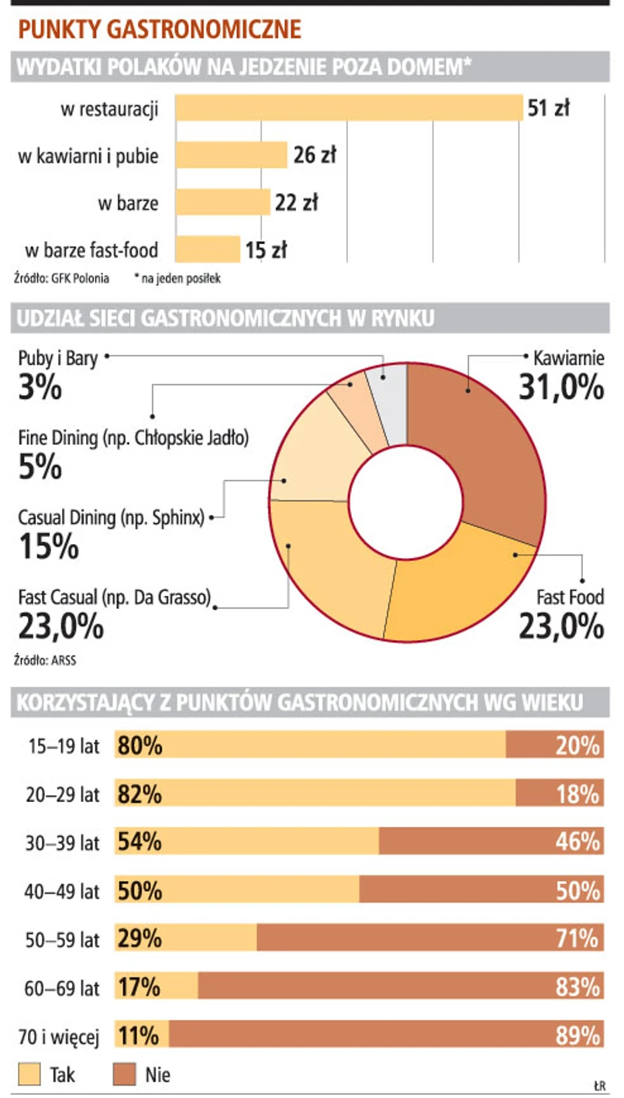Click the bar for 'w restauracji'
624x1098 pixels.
pyautogui.click(x=349, y=108)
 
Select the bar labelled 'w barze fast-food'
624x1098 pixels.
pyautogui.click(x=208, y=250)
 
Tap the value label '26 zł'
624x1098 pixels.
pyautogui.click(x=315, y=156)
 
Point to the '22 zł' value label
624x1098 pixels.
pyautogui.click(x=296, y=203)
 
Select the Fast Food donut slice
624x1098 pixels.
pyautogui.click(x=457, y=589)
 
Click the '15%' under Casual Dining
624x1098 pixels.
pyautogui.click(x=48, y=546)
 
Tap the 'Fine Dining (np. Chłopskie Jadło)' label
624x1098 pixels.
pyautogui.click(x=133, y=438)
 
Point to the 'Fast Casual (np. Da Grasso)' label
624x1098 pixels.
pyautogui.click(x=115, y=597)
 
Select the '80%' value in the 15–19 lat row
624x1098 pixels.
pyautogui.click(x=140, y=745)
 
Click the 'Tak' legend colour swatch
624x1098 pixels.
pyautogui.click(x=29, y=1074)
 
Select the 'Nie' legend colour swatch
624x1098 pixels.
pyautogui.click(x=124, y=1074)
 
